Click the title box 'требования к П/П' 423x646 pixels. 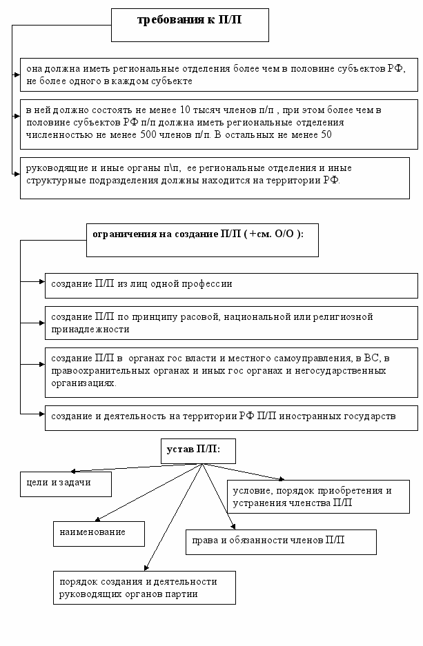(190, 25)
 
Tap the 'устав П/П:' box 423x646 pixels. (198, 451)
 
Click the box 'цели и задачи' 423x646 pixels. (66, 484)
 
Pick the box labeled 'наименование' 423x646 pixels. (99, 534)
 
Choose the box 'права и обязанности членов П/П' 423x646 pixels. (281, 542)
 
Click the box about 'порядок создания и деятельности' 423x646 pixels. (144, 587)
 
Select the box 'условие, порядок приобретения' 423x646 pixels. (318, 496)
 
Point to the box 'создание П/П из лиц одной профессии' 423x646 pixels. (231, 285)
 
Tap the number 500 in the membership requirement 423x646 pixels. (148, 134)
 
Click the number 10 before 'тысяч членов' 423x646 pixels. (184, 110)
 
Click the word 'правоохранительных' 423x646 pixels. (101, 371)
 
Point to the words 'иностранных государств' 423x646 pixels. (337, 416)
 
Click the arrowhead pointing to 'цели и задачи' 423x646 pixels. (73, 472)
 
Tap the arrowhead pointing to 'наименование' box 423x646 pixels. (97, 519)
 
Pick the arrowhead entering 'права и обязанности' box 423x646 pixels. (234, 527)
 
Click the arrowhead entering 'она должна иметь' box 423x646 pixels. (17, 75)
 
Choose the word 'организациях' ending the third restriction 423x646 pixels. (83, 383)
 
